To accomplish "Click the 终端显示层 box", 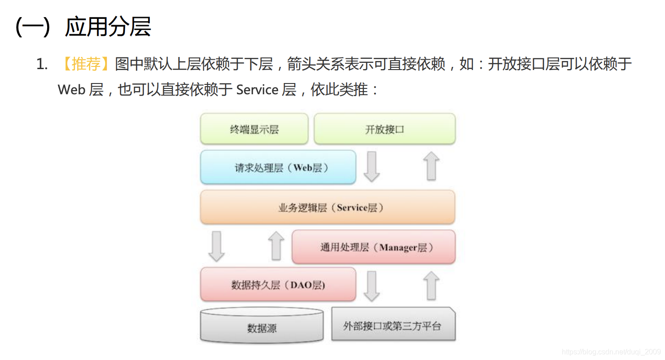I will (254, 129).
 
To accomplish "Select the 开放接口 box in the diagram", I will (385, 129).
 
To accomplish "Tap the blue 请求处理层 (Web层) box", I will (278, 167).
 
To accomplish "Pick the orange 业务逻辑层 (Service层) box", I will (328, 207).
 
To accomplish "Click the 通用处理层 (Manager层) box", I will (374, 247).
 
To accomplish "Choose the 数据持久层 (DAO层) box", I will (278, 285).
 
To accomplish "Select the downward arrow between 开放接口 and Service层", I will (372, 167).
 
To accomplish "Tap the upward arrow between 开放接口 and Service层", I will (431, 166).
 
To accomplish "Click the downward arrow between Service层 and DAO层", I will (217, 246).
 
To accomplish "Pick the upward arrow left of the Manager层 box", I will (276, 246).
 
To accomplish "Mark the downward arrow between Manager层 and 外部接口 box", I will (372, 286).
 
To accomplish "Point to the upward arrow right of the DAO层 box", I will (431, 285).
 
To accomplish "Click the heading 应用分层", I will (108, 27).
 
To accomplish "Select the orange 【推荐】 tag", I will (85, 64).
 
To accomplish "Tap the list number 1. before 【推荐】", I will (42, 65).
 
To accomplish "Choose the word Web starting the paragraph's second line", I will (71, 90).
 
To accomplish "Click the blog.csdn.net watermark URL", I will (611, 352).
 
